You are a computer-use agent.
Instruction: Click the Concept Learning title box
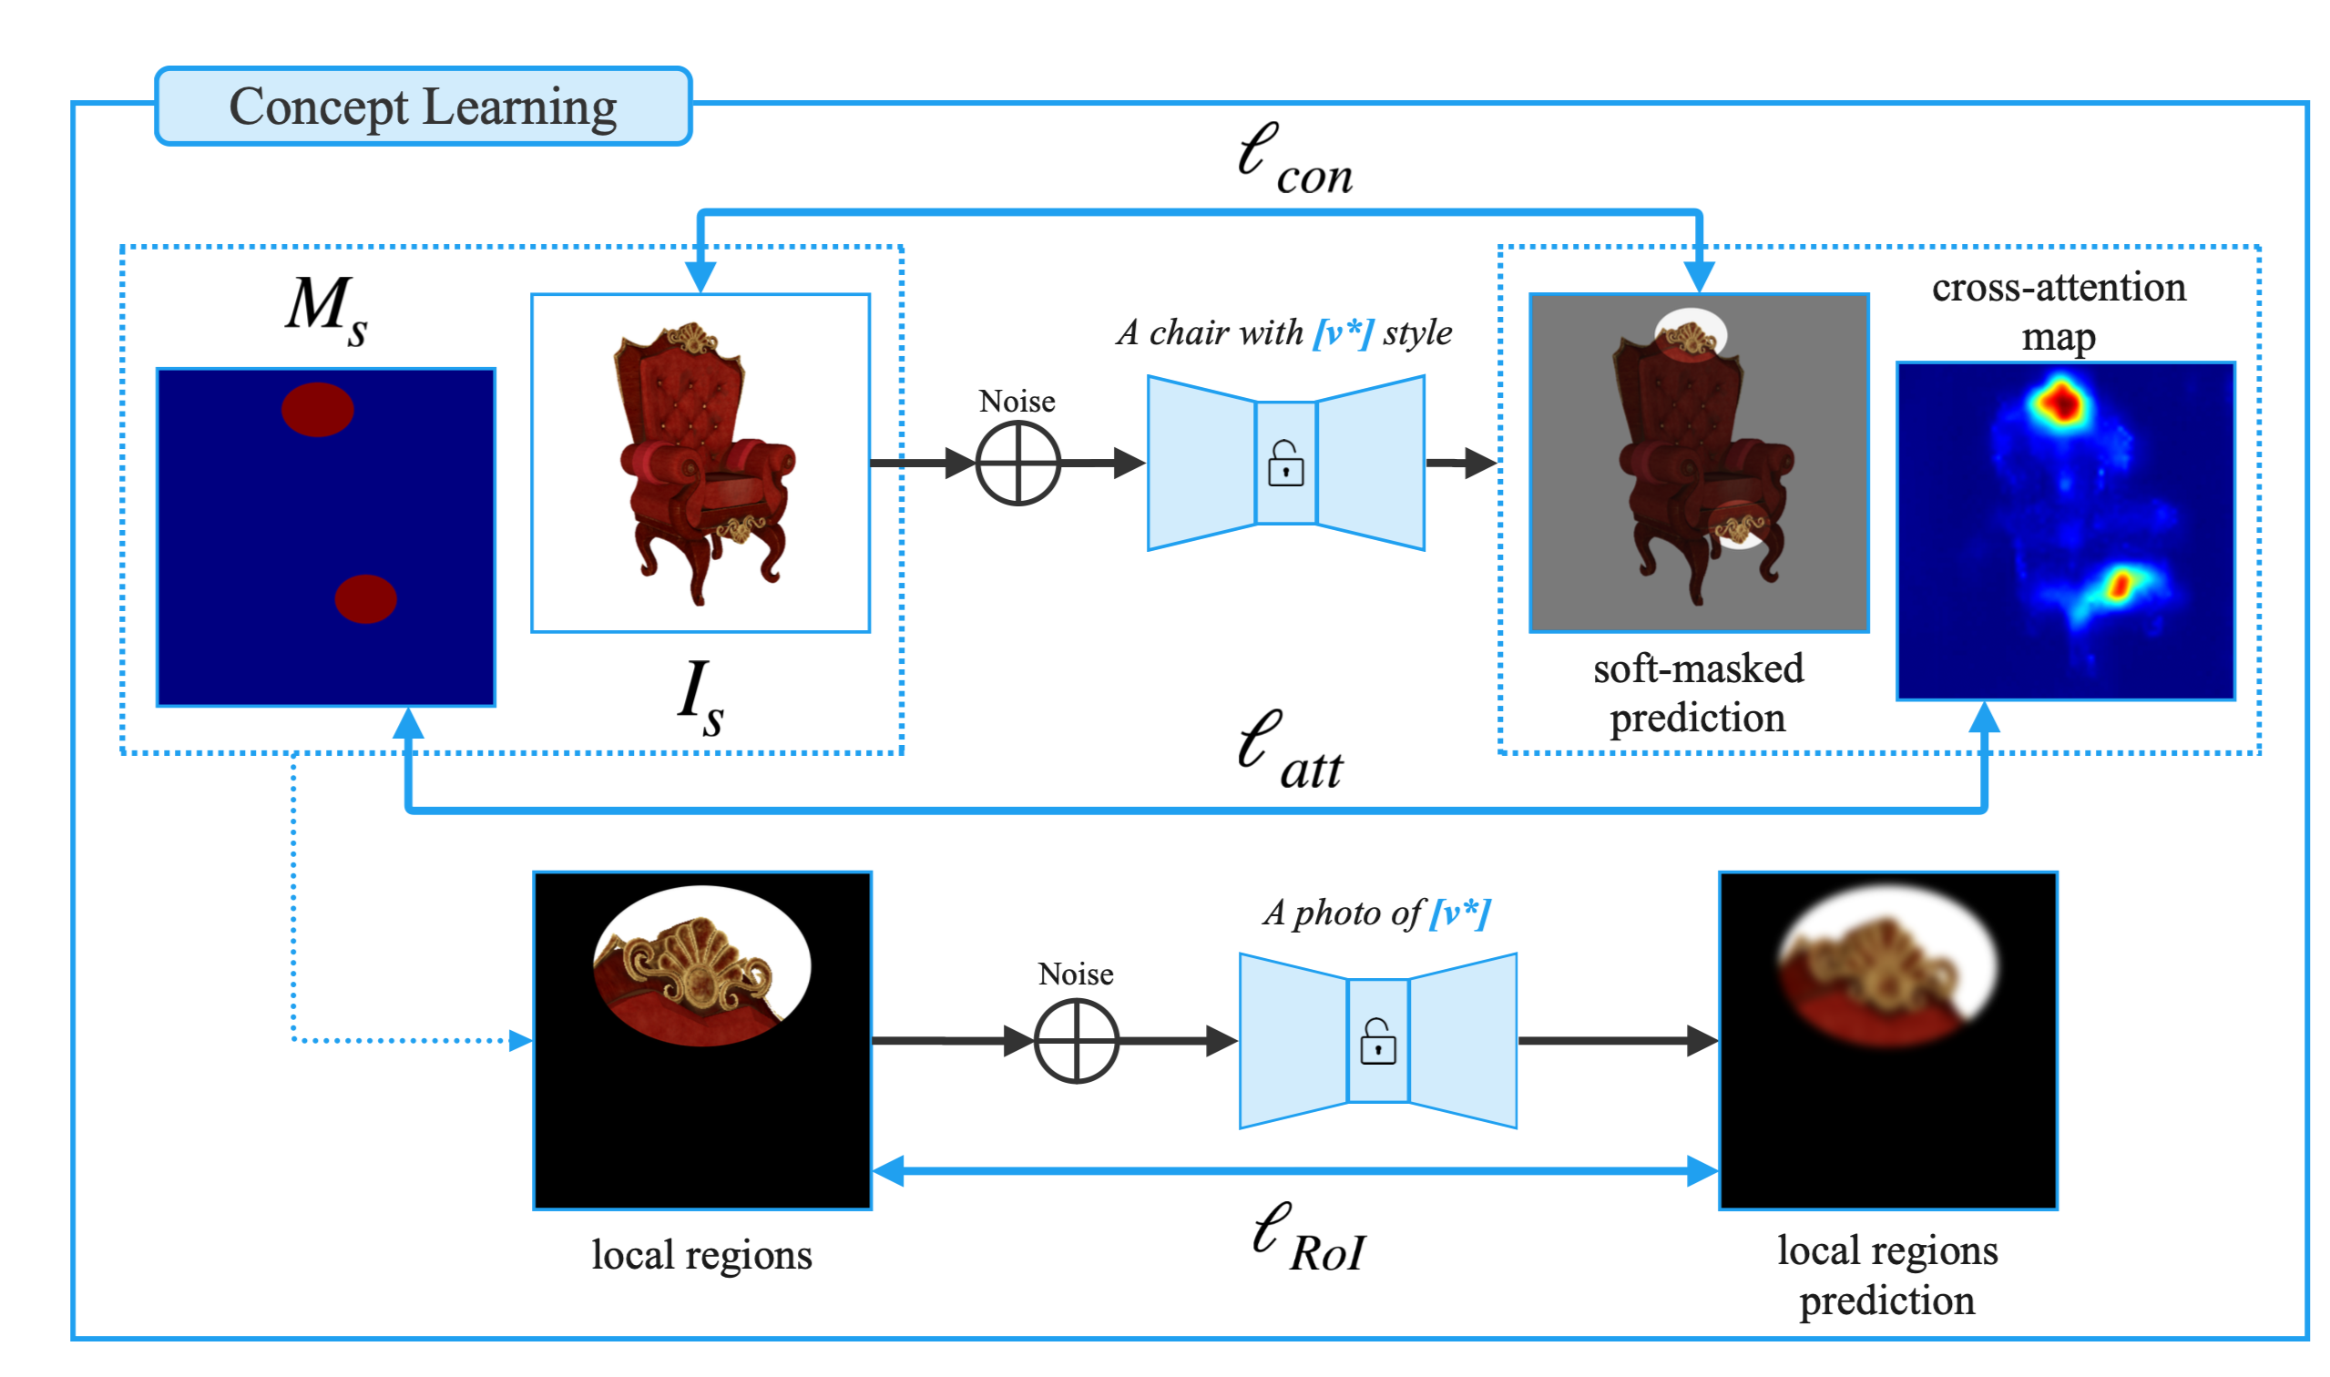point(424,106)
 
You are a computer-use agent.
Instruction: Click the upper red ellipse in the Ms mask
point(317,409)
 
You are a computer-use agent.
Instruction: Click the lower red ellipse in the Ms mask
point(365,598)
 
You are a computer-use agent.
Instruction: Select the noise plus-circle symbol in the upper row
point(1018,463)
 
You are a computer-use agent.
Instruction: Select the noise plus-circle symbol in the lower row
point(1077,1040)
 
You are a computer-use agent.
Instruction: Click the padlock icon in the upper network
point(1286,463)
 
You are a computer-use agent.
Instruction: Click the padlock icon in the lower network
point(1378,1041)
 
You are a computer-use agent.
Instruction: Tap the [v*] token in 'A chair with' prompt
point(1343,332)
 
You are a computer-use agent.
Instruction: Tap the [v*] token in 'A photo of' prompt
point(1460,913)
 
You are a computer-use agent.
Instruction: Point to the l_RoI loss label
point(1308,1238)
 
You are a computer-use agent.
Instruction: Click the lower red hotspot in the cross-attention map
point(2120,586)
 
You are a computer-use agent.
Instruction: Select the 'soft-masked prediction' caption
point(1698,693)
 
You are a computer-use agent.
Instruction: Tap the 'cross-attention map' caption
point(2059,311)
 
